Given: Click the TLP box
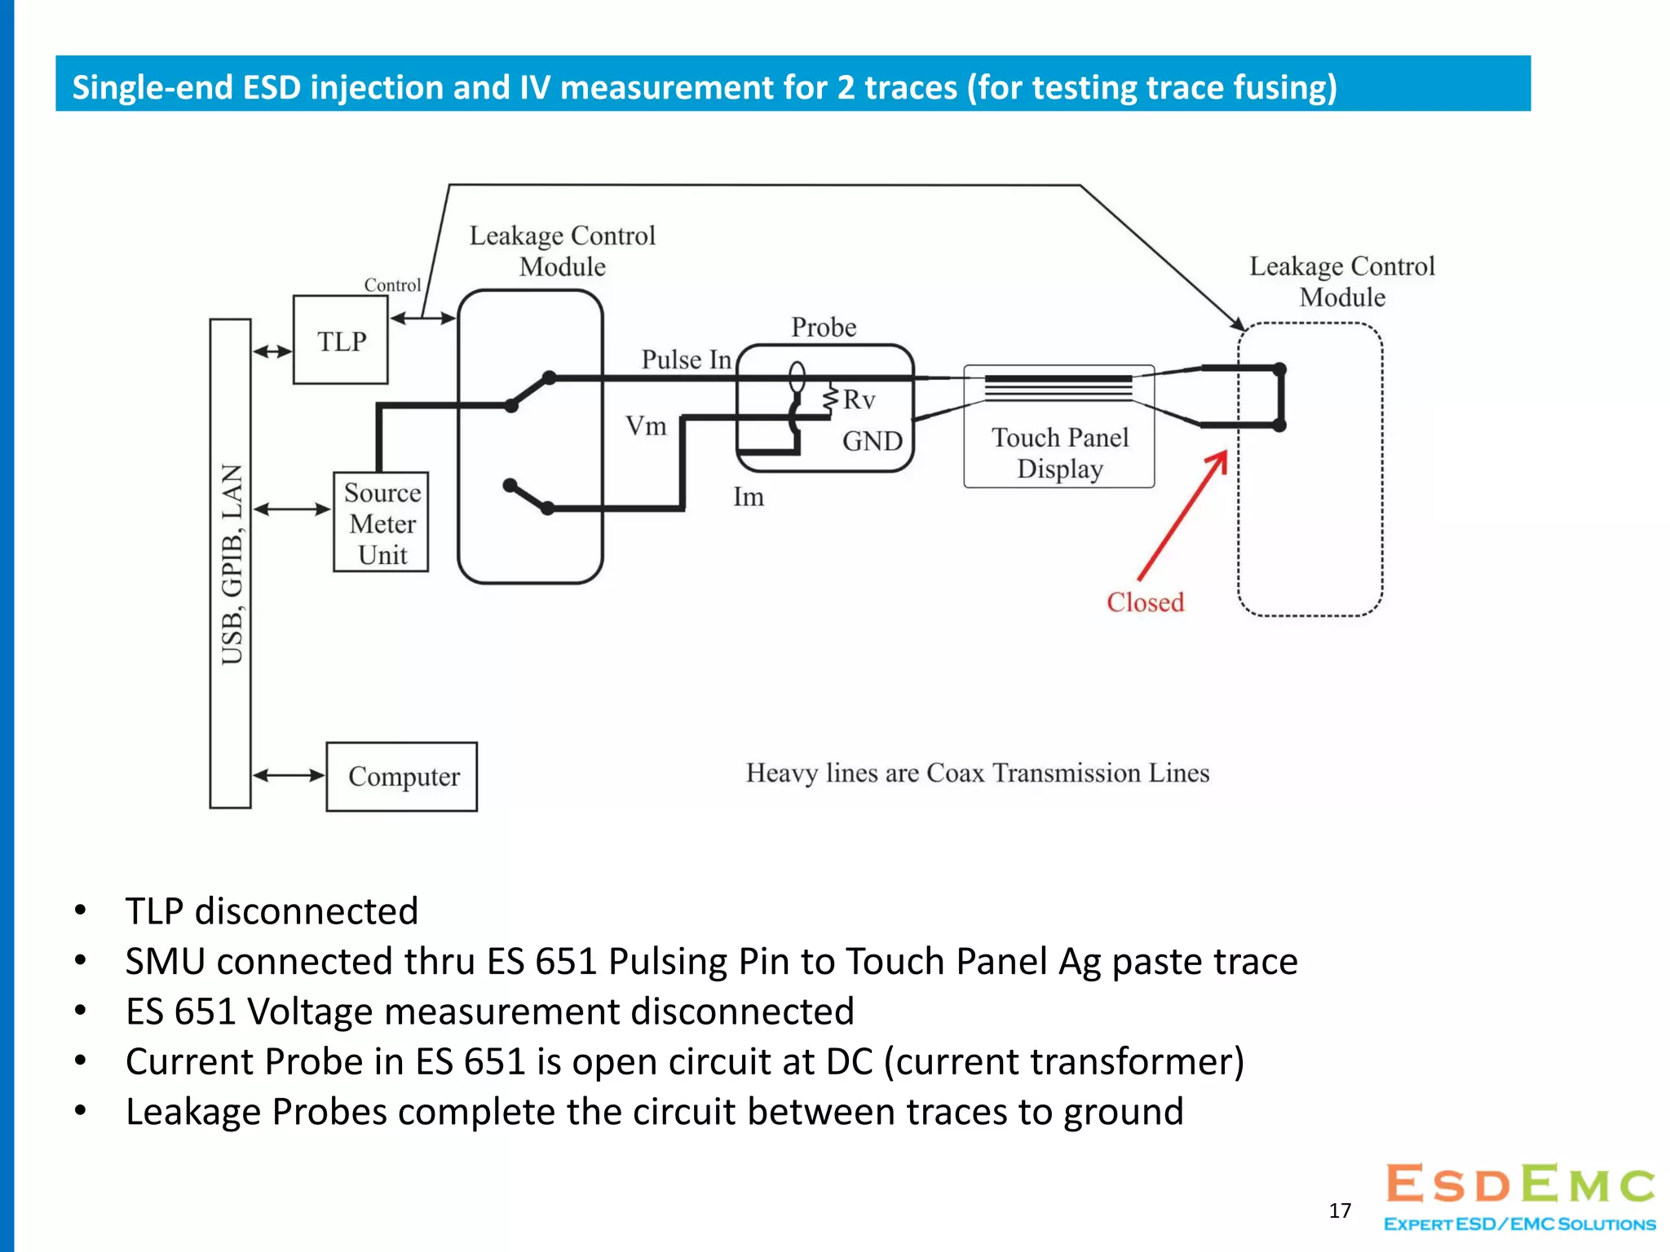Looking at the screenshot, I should click(x=340, y=340).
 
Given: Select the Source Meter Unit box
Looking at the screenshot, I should click(x=381, y=522).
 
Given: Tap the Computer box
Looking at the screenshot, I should click(x=402, y=776).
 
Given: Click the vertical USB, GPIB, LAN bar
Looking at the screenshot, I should click(x=231, y=563).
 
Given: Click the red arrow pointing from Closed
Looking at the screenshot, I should click(x=1182, y=515).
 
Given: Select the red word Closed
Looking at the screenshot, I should click(x=1145, y=602).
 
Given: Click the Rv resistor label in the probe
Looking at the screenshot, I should click(x=859, y=399).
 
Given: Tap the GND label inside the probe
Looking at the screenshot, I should click(x=872, y=441).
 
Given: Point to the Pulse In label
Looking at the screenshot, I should click(x=686, y=359).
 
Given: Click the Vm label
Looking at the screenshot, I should click(x=646, y=425).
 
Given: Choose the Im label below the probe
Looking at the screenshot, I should click(x=748, y=496).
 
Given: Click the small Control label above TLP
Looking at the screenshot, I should click(x=392, y=284).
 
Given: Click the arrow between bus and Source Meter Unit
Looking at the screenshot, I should click(x=291, y=509).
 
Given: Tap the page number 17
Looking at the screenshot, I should click(x=1340, y=1210).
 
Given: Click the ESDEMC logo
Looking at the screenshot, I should click(x=1520, y=1195).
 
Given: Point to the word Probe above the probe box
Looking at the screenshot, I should click(x=824, y=327).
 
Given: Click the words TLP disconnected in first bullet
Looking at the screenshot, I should click(x=272, y=910).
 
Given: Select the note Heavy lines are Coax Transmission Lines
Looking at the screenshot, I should click(x=977, y=773).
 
